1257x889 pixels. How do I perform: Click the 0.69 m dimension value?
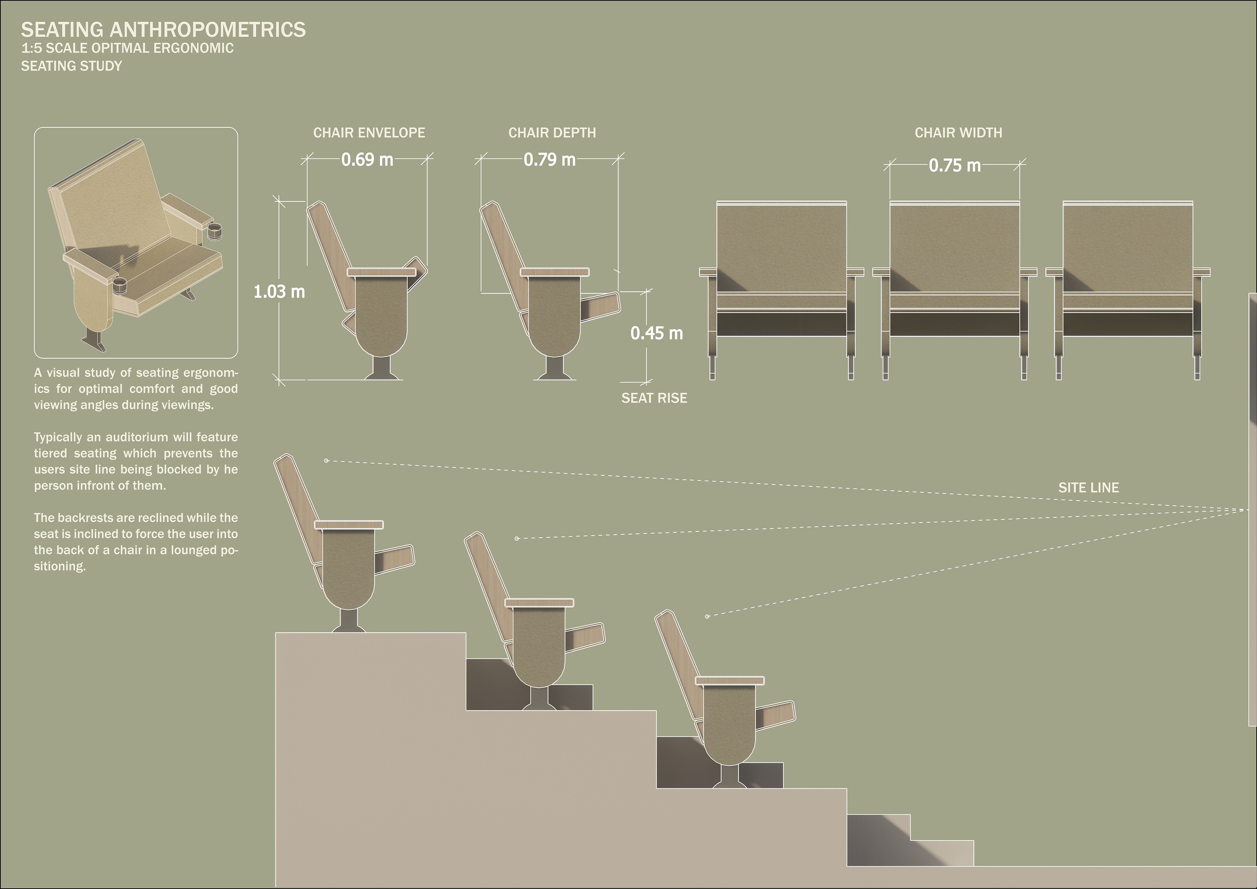tap(367, 159)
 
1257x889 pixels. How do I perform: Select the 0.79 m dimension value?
tap(549, 159)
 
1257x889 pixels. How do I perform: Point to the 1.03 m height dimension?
tap(279, 291)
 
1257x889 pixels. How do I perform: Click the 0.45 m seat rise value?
tap(656, 333)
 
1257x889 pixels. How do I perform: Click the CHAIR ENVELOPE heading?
tap(369, 133)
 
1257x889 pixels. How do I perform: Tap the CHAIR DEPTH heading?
tap(552, 133)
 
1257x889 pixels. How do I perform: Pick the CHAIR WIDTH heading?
tap(958, 133)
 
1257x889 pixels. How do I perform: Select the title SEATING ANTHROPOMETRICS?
tap(163, 29)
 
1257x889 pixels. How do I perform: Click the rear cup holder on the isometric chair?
tap(217, 230)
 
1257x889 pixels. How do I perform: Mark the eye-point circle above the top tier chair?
tap(326, 461)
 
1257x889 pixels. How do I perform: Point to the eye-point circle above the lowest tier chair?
tap(707, 616)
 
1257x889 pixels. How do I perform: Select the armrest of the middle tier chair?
tap(539, 602)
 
